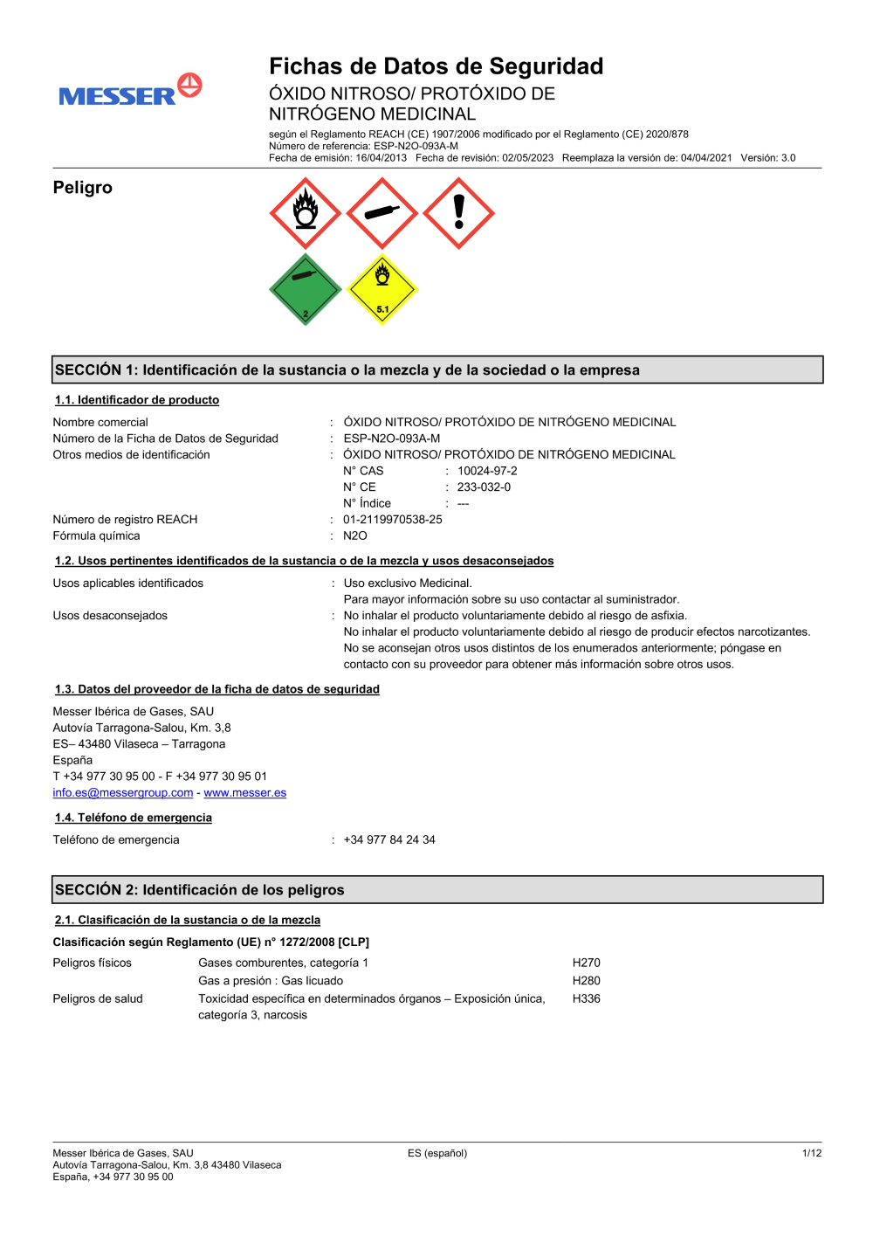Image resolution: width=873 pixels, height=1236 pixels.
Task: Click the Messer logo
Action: coord(130,92)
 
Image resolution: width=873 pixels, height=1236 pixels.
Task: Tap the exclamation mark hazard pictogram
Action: coord(458,213)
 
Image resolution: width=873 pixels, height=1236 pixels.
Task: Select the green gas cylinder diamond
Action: coord(305,290)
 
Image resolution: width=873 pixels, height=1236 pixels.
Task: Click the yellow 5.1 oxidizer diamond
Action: coord(382,290)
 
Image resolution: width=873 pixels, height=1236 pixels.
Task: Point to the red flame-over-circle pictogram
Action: coord(305,213)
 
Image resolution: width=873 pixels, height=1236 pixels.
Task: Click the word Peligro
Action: coord(83,188)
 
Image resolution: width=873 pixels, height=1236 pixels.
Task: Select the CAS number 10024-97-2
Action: coord(487,471)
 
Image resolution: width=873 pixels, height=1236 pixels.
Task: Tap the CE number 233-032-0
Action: coord(484,487)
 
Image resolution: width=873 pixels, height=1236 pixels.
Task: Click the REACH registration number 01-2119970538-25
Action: coord(393,520)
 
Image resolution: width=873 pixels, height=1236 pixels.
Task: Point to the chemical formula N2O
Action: coord(355,536)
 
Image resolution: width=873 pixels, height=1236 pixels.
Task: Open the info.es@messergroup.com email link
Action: coord(123,793)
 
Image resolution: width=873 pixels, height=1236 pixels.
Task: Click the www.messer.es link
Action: coord(245,793)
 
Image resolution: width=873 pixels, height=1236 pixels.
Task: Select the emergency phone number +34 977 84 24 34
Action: coord(389,840)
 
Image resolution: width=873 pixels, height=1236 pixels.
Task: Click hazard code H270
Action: coord(587,963)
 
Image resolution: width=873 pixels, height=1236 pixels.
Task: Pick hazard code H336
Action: coord(587,998)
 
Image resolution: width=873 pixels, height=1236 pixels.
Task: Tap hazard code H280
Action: coord(587,981)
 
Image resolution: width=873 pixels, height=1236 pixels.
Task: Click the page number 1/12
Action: coord(812,1154)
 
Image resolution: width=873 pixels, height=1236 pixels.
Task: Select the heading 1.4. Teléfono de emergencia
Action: coord(134,818)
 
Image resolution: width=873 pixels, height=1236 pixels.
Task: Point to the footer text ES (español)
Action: coord(437,1154)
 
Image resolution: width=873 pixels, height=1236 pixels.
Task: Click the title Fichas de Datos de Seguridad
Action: coord(436,66)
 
